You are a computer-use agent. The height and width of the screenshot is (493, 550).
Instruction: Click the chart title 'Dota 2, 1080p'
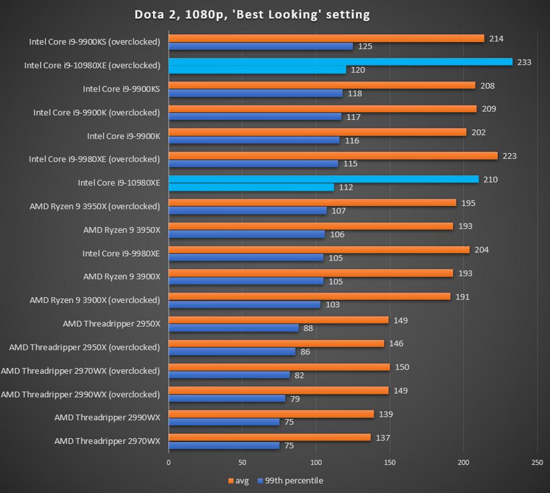(x=252, y=14)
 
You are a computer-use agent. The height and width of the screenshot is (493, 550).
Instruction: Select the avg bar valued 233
(x=340, y=62)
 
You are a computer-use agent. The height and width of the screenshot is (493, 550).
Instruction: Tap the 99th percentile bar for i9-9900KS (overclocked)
(x=260, y=46)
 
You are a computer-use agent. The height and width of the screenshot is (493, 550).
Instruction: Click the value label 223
(x=509, y=156)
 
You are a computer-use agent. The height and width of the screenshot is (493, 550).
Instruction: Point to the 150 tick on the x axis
(x=390, y=462)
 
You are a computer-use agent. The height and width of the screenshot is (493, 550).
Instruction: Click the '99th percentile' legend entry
(x=290, y=480)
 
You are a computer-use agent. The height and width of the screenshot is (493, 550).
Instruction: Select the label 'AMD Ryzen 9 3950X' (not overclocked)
(x=122, y=230)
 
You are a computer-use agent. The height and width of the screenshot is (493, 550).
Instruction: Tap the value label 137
(x=383, y=438)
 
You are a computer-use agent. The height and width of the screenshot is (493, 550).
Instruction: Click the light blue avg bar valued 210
(x=323, y=179)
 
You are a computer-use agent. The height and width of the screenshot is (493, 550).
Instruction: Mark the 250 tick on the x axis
(x=537, y=462)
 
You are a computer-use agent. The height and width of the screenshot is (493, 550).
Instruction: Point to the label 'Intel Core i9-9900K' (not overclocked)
(x=123, y=136)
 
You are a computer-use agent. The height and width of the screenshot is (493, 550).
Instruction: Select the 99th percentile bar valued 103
(x=244, y=304)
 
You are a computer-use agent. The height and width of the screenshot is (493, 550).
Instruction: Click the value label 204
(x=481, y=250)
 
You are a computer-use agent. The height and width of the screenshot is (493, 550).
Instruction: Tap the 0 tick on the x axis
(x=169, y=462)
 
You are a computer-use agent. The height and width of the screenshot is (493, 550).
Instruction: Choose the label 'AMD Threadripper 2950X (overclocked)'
(x=84, y=347)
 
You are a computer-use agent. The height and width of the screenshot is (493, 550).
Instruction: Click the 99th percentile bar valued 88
(x=233, y=328)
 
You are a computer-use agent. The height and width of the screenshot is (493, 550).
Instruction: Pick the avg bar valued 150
(x=279, y=367)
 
